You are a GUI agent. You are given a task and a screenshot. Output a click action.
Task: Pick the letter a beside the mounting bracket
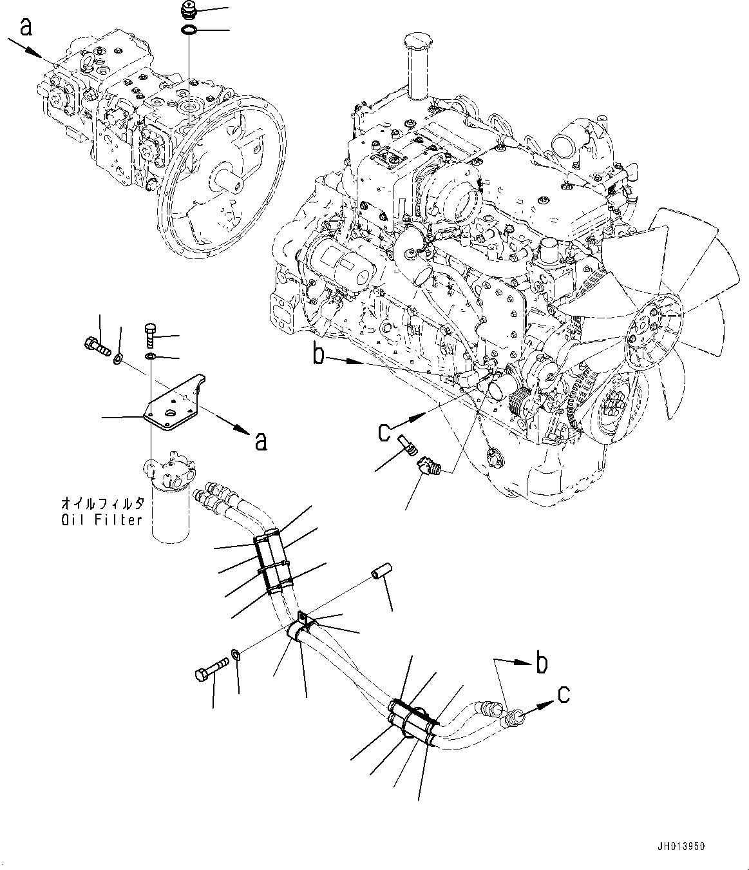click(260, 441)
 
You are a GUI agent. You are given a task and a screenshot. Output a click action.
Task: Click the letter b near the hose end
click(542, 663)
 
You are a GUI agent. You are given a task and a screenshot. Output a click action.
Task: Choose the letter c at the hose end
click(562, 694)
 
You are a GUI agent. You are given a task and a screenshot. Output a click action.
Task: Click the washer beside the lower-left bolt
click(236, 655)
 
